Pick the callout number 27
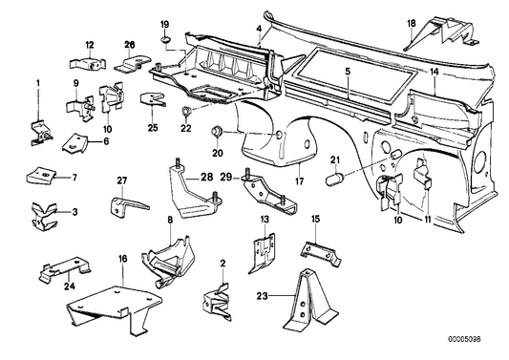tap(121, 181)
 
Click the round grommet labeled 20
tap(219, 129)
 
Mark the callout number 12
tap(88, 45)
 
